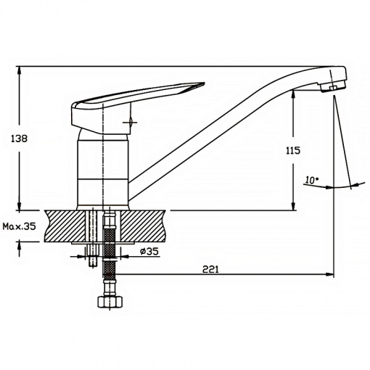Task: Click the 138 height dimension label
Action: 20,139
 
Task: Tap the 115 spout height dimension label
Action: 293,150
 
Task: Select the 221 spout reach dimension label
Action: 210,269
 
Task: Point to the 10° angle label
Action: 312,180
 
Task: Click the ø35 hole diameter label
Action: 149,251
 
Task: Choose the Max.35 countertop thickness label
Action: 19,226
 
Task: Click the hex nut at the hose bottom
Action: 110,302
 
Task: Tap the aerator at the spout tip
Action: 332,86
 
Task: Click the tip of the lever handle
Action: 204,83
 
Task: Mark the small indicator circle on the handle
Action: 131,122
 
